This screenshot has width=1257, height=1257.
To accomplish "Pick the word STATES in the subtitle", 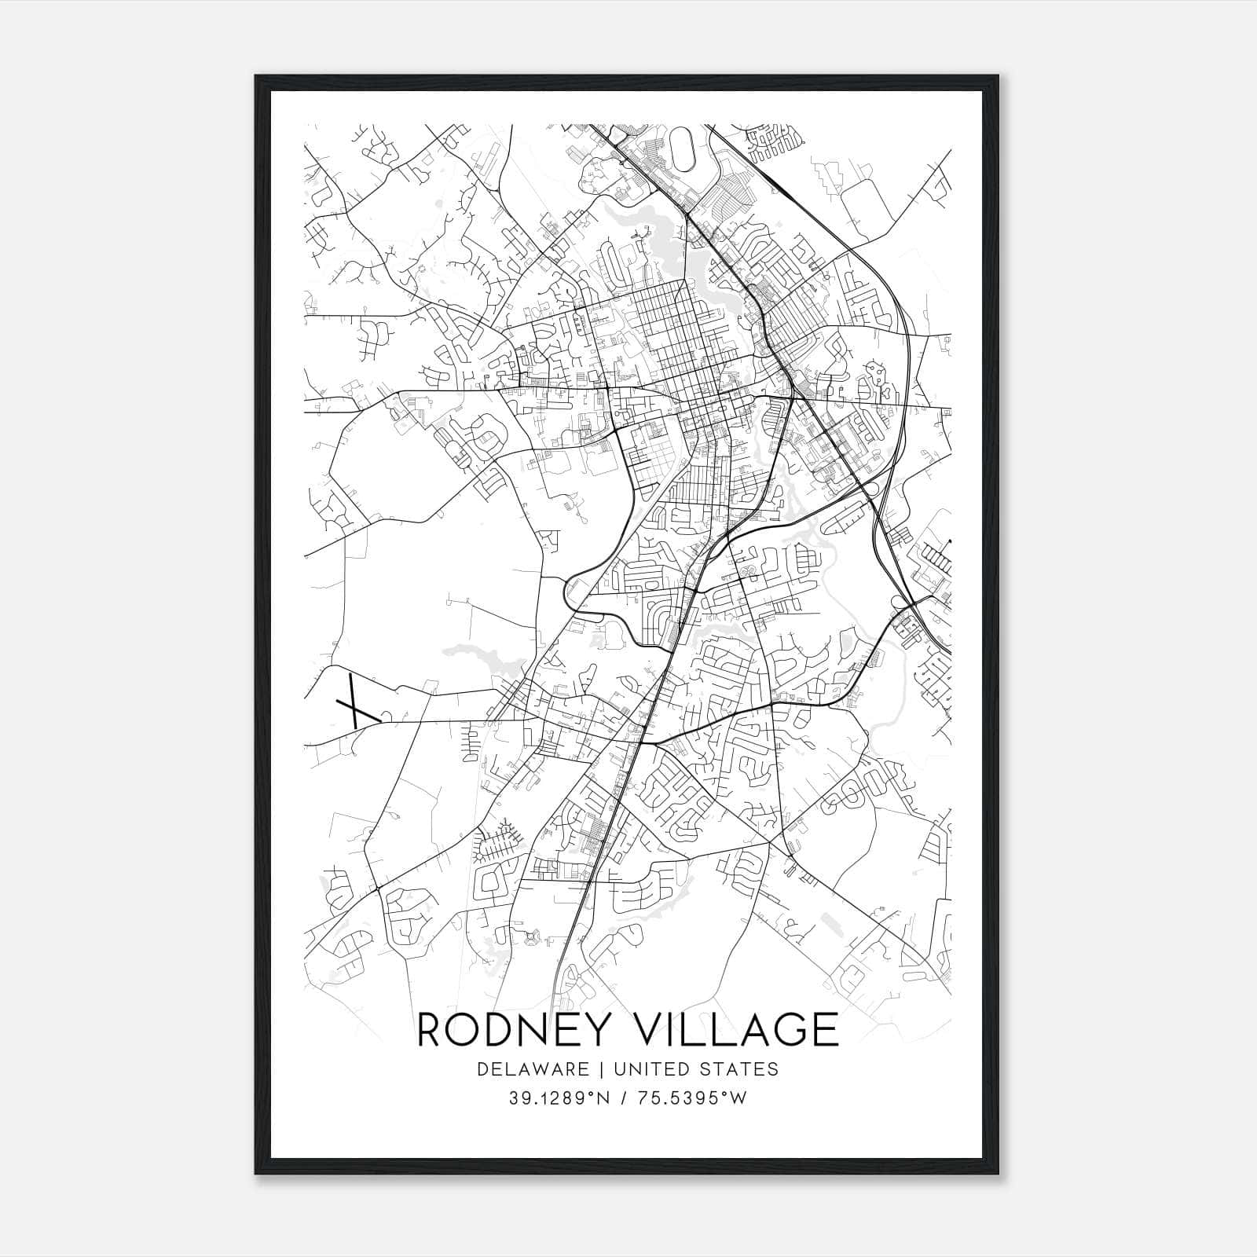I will (x=742, y=1069).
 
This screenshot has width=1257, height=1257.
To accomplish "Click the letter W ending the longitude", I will (x=738, y=1098).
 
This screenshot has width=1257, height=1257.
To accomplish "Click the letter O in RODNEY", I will (x=469, y=1029).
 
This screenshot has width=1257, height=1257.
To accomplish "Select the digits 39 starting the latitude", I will (x=517, y=1098).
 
